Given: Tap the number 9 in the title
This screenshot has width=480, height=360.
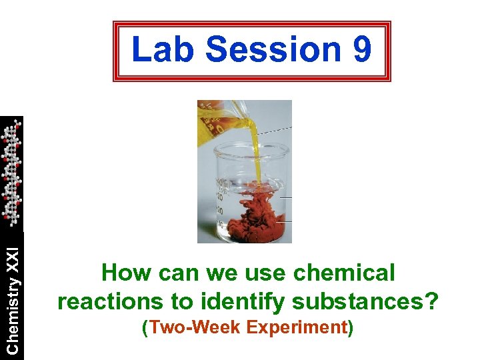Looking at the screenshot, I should pos(361,50).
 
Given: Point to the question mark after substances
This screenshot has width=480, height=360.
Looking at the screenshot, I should pos(433,301).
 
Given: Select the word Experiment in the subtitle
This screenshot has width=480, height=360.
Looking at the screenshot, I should pos(296,327).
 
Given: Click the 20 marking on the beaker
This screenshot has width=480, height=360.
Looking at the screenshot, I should pos(219,196).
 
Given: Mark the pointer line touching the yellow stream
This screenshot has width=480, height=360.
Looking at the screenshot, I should pos(273,131).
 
